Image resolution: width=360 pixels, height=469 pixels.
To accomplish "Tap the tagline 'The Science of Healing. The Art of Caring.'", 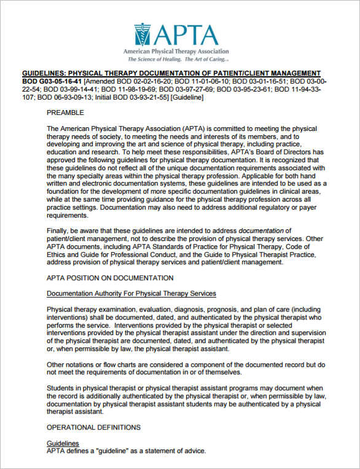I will pyautogui.click(x=178, y=60).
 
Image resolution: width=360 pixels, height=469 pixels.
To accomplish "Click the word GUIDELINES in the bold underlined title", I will pyautogui.click(x=46, y=73).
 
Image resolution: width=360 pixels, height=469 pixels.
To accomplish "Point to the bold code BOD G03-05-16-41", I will pyautogui.click(x=52, y=81).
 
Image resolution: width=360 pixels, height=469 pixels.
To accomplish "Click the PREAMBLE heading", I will pyautogui.click(x=65, y=113).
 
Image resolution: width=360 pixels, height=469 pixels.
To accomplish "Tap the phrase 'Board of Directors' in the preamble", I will pyautogui.click(x=274, y=152).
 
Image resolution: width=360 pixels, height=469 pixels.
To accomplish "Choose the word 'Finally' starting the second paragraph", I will pyautogui.click(x=59, y=231).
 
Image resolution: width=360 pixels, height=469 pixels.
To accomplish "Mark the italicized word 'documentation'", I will pyautogui.click(x=260, y=231).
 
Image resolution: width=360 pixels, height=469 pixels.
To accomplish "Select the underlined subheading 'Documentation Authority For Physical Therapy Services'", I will pyautogui.click(x=131, y=293).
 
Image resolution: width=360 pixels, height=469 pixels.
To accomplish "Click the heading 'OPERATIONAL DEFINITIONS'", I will pyautogui.click(x=93, y=427).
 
